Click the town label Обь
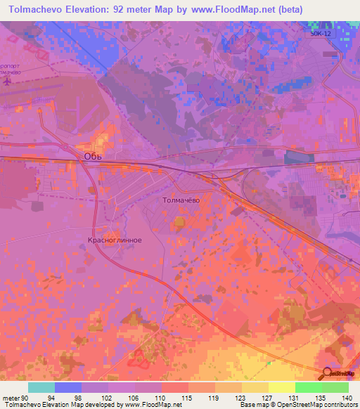[93, 155]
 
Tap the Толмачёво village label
[181, 200]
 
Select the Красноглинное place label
[115, 240]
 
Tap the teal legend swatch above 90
[41, 387]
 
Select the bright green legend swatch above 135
[308, 387]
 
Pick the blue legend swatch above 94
[68, 387]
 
